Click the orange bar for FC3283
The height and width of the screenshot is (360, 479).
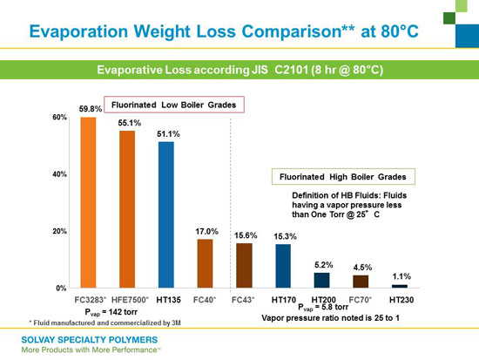(x=88, y=202)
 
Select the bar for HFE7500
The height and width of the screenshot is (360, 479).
(x=127, y=209)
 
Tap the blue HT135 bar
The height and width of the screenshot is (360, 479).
(x=166, y=214)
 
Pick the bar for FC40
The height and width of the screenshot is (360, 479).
(x=205, y=263)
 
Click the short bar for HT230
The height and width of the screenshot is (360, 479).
(x=400, y=286)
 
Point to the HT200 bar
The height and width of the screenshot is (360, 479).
(x=322, y=280)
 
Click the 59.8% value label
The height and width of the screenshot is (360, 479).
(x=91, y=109)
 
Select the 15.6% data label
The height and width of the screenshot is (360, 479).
(x=246, y=235)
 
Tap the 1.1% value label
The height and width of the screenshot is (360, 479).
(x=401, y=276)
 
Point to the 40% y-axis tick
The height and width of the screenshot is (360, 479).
(x=59, y=174)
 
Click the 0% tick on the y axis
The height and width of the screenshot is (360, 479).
(x=61, y=289)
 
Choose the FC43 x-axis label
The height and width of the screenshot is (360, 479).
(x=243, y=300)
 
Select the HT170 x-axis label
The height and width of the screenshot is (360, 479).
(x=284, y=300)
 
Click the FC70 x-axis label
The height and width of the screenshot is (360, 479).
(x=361, y=300)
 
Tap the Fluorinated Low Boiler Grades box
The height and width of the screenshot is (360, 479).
(x=174, y=105)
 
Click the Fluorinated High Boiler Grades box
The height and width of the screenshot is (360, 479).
(x=343, y=176)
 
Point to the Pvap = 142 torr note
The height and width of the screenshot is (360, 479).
(x=111, y=312)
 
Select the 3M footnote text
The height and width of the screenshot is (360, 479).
(x=105, y=323)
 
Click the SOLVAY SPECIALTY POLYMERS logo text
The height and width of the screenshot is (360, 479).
(x=90, y=340)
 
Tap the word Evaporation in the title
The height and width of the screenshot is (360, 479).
(x=78, y=31)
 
